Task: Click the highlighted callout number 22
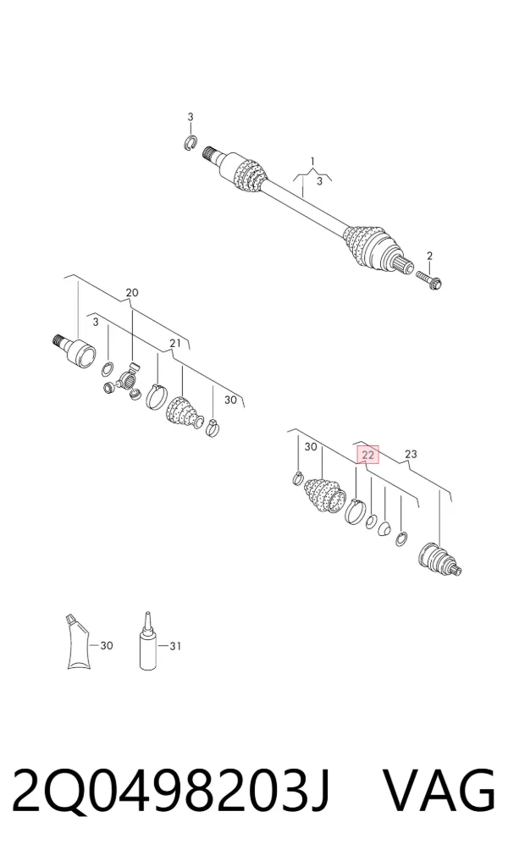tap(367, 455)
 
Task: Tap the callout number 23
tap(411, 454)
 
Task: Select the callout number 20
tap(132, 293)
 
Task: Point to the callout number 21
tap(174, 344)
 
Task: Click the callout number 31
tap(174, 646)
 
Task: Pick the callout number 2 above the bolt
tap(429, 256)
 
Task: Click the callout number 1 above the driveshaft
tap(312, 162)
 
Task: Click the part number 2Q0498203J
tap(171, 792)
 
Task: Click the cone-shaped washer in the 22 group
tap(384, 528)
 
